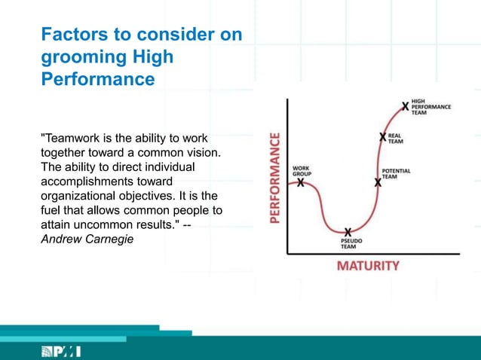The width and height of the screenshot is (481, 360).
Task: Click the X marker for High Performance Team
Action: (406, 107)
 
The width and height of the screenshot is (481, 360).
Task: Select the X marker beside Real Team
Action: (383, 137)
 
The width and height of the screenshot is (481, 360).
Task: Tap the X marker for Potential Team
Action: (378, 182)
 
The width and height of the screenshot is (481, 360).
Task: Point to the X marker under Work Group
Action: (301, 182)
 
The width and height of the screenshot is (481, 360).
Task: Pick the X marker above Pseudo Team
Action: (348, 231)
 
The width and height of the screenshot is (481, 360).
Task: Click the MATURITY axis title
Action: (368, 266)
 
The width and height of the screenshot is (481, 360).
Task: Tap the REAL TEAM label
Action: (395, 138)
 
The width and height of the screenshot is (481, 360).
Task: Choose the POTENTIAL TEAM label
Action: (397, 173)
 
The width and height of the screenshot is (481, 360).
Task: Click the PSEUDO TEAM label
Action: (348, 244)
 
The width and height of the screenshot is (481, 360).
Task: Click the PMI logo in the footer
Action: (60, 352)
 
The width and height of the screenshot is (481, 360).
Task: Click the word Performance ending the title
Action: (97, 78)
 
